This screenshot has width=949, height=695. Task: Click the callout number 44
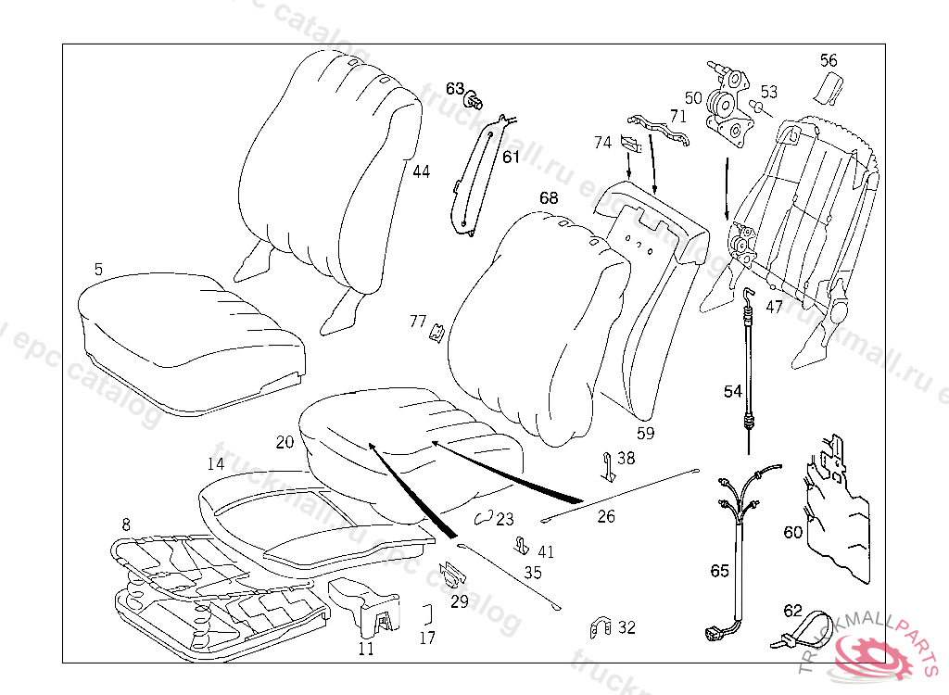click(x=422, y=171)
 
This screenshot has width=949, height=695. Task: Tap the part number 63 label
click(x=454, y=88)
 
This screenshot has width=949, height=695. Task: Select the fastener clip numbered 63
click(x=476, y=98)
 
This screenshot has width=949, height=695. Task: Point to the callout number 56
click(x=829, y=60)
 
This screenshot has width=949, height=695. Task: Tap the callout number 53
click(x=769, y=92)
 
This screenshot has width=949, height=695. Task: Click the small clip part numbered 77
click(x=436, y=331)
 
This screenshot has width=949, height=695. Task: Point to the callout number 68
click(x=549, y=197)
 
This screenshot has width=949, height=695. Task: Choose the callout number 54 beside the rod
click(x=733, y=391)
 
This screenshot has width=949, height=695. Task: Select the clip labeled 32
click(x=600, y=627)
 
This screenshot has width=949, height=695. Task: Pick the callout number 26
click(x=606, y=516)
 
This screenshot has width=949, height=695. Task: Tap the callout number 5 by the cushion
click(x=98, y=269)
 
